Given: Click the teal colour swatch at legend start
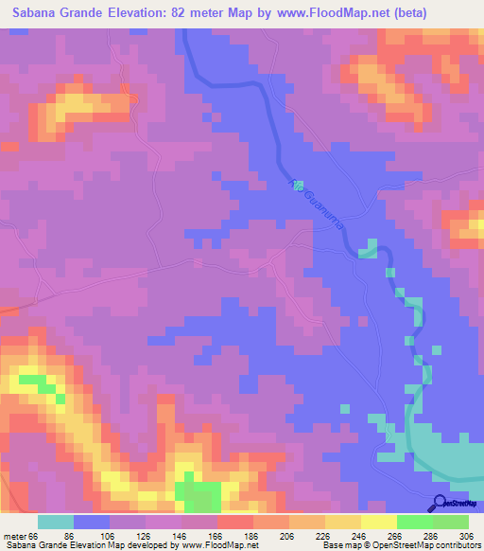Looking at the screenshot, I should (x=56, y=522).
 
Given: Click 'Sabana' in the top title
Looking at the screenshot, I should (x=38, y=13).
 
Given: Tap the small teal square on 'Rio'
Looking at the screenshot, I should (x=297, y=184).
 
